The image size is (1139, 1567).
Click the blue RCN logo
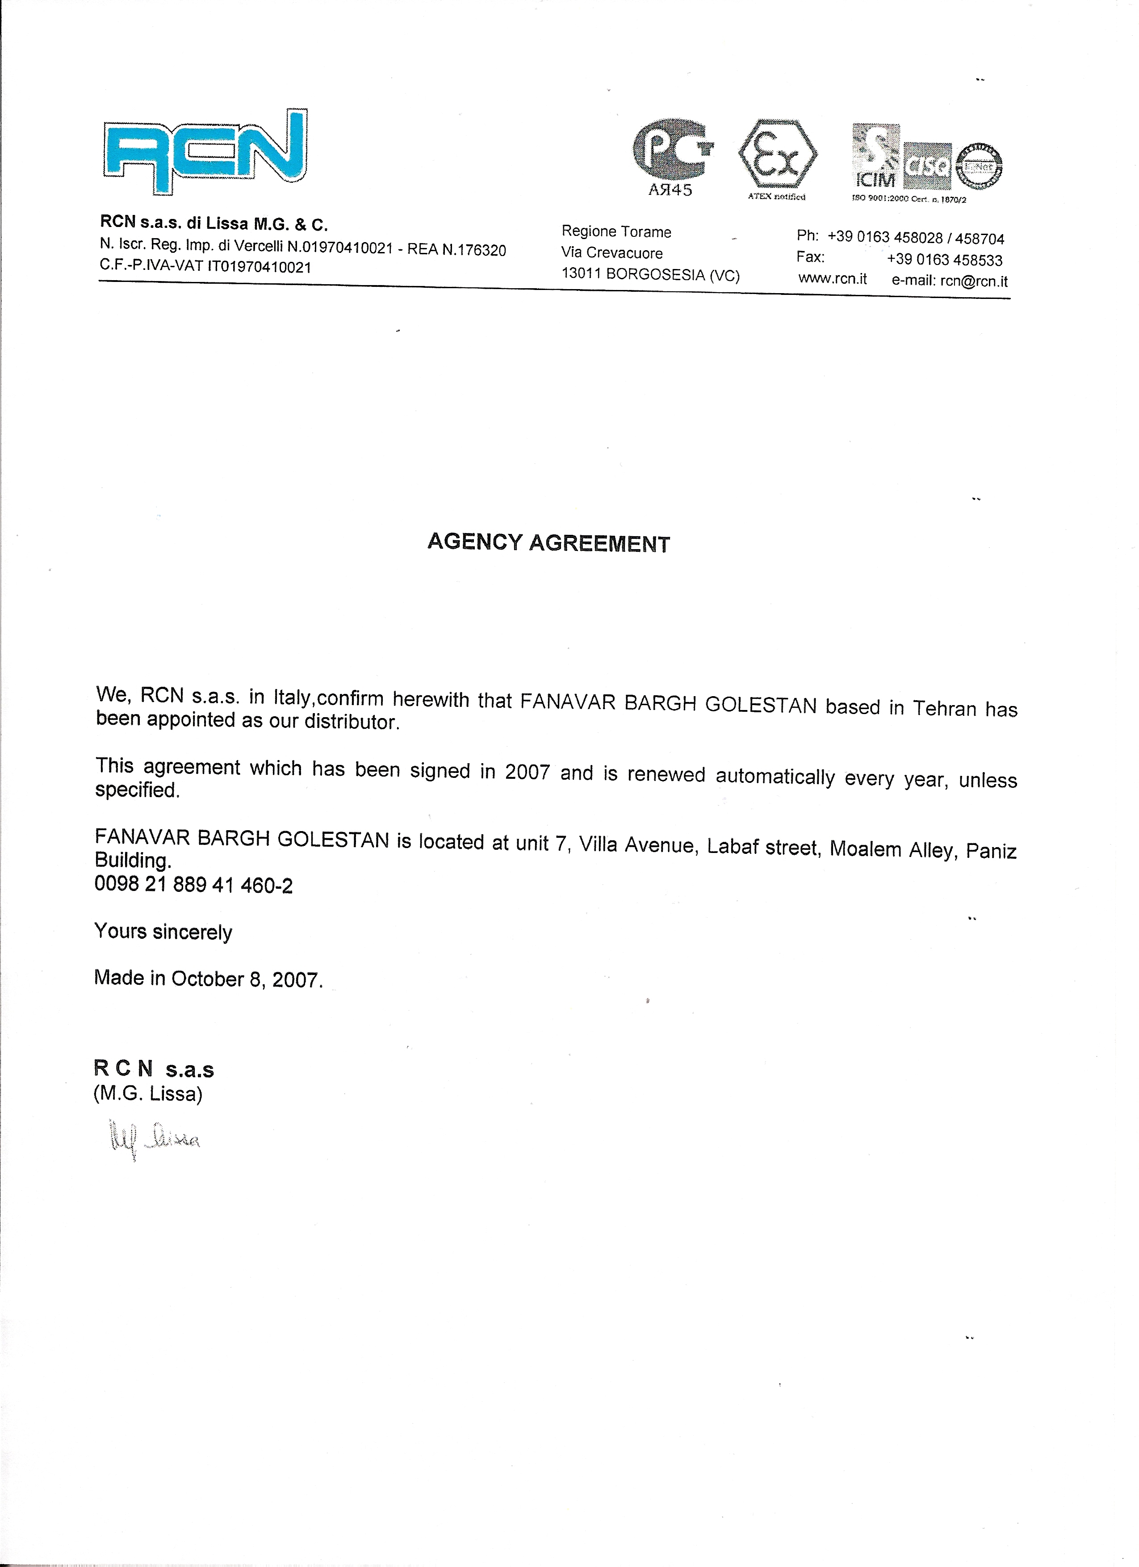point(205,151)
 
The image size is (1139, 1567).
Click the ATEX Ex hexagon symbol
point(777,154)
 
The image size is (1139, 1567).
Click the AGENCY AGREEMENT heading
point(549,543)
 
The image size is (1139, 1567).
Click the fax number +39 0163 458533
point(944,260)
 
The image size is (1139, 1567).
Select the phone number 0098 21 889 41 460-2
point(193,885)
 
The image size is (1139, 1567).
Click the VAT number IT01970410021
point(260,267)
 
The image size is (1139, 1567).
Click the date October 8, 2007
point(247,979)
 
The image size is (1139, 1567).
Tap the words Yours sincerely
point(163,932)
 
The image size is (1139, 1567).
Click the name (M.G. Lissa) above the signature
point(148,1094)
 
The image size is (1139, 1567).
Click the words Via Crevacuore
point(612,253)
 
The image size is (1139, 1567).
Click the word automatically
point(775,777)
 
